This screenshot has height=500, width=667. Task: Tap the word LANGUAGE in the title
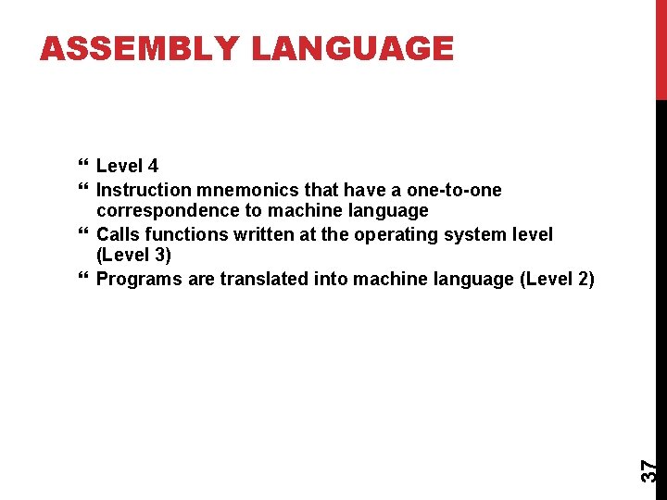353,48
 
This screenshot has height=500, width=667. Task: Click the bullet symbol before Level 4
84,167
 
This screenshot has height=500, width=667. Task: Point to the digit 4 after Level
153,167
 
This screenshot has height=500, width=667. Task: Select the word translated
265,280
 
